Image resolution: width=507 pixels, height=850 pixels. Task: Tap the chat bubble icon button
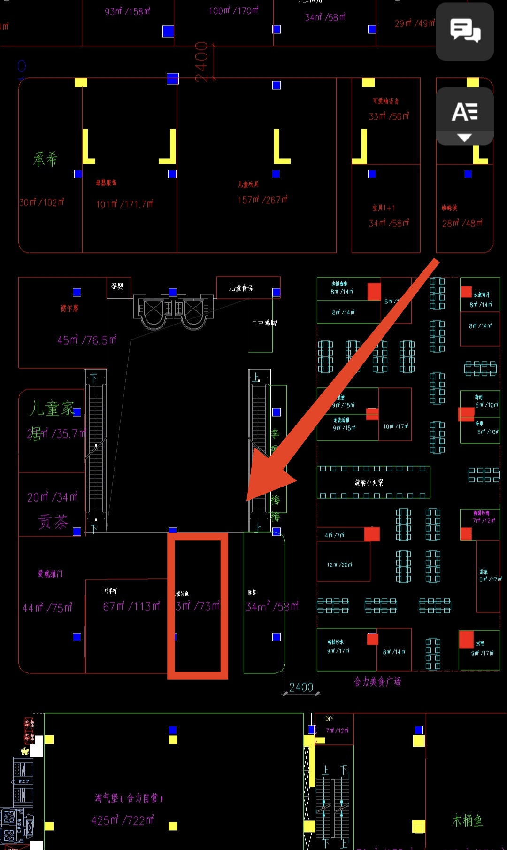(x=465, y=31)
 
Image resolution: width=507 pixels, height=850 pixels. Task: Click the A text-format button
(x=465, y=112)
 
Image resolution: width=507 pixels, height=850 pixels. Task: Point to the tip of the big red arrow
(x=248, y=500)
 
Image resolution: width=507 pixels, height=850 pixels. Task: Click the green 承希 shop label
(x=45, y=159)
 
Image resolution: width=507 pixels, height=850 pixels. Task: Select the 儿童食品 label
(x=241, y=288)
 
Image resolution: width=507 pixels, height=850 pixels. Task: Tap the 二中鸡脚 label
(x=264, y=323)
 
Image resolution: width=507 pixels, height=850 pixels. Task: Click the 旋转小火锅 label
(x=369, y=482)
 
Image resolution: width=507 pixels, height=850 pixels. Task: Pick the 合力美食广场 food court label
(x=377, y=681)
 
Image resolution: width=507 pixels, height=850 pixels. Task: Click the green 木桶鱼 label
(x=467, y=820)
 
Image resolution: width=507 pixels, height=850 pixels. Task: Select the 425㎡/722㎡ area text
(x=123, y=820)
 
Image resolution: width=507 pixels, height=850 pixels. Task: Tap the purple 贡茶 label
(x=53, y=522)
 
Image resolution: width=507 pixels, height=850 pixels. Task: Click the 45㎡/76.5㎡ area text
(x=87, y=340)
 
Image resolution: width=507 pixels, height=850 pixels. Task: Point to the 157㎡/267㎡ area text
(x=262, y=200)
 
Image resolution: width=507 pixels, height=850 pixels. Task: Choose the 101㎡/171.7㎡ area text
(x=124, y=204)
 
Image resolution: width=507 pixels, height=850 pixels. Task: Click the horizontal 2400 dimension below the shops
(x=301, y=687)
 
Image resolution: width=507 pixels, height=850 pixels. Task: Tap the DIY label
(x=330, y=719)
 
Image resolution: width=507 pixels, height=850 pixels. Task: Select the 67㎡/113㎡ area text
(x=131, y=606)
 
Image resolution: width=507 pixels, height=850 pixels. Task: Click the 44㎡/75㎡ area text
(x=47, y=608)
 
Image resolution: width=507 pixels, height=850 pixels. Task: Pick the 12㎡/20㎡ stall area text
(x=339, y=564)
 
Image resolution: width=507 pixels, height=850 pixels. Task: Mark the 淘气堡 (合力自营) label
(x=129, y=798)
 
